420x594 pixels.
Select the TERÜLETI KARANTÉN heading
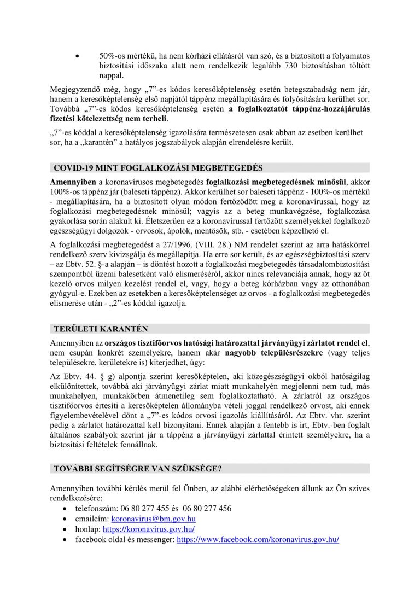(101, 328)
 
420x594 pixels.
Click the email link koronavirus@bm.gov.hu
(154, 519)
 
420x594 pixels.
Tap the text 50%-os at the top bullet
(113, 56)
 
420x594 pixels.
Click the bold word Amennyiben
(72, 180)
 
